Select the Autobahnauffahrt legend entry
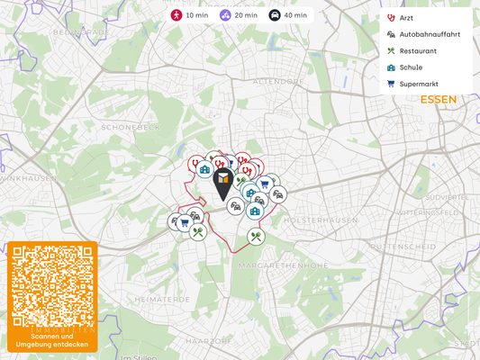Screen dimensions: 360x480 tap(429, 34)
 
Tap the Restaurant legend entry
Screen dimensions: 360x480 tap(417, 51)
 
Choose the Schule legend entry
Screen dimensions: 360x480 tap(411, 67)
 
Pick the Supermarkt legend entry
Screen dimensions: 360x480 tap(418, 84)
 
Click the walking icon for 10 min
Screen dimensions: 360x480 tap(177, 15)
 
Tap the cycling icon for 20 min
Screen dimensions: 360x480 tap(225, 15)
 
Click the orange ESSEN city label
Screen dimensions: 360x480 tap(439, 99)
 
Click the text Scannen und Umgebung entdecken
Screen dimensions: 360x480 tap(52, 341)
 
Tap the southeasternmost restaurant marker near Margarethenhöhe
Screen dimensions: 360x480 tap(257, 237)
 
